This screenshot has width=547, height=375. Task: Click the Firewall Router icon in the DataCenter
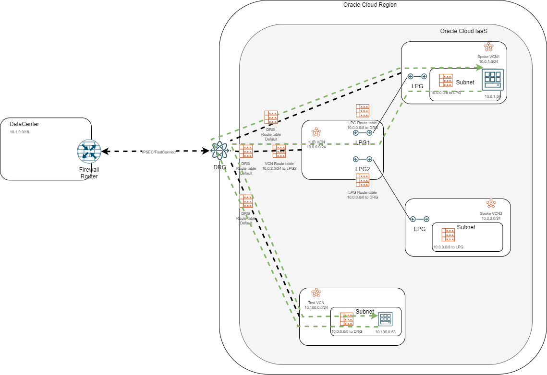[89, 152]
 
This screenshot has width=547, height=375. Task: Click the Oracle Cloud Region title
[370, 5]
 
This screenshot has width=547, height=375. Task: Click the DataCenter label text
[24, 124]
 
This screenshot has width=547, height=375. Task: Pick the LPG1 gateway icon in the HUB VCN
[363, 133]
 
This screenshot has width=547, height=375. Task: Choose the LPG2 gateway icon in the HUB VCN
[363, 159]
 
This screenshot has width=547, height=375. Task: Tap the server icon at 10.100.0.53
[385, 318]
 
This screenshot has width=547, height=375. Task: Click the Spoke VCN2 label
[491, 213]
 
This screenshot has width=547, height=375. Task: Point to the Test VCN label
[316, 303]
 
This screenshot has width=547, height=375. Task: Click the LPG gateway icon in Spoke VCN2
[419, 219]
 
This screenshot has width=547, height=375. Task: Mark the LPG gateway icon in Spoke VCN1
[417, 76]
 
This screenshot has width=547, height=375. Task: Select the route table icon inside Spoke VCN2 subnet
[449, 235]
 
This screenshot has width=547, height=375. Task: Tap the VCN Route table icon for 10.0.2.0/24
[280, 152]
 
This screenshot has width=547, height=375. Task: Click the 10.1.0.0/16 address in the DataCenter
[20, 131]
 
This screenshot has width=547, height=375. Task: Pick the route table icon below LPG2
[363, 180]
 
